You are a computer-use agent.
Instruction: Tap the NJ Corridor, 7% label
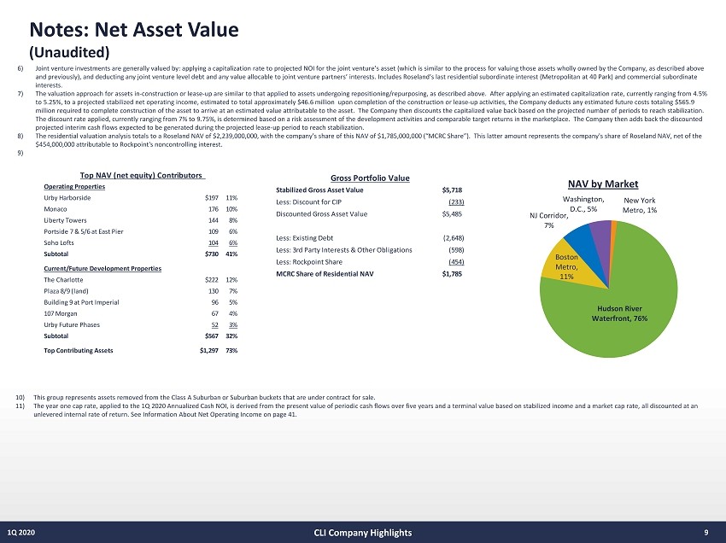[549, 221]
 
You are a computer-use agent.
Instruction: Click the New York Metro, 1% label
[639, 205]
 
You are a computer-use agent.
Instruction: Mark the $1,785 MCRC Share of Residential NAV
[452, 274]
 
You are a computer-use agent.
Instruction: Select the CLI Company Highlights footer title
[362, 532]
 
